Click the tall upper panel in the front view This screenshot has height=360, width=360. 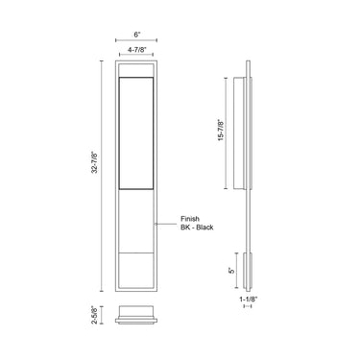(x=136, y=132)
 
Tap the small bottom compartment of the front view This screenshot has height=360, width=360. (x=136, y=271)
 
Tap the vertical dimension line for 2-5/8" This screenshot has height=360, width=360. (x=102, y=317)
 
